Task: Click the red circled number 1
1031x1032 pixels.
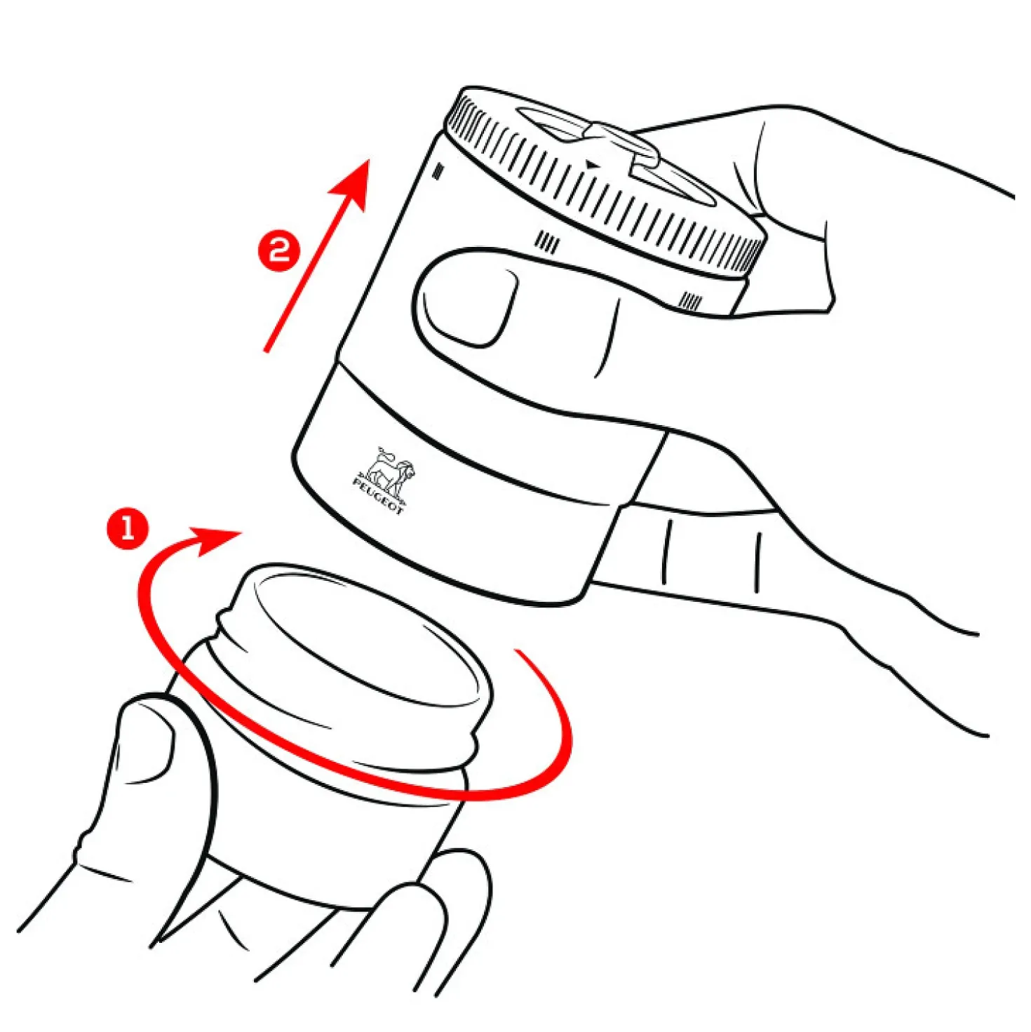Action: tap(128, 528)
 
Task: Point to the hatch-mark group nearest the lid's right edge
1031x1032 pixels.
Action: tap(692, 302)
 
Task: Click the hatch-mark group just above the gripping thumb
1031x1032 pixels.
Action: tap(548, 241)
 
